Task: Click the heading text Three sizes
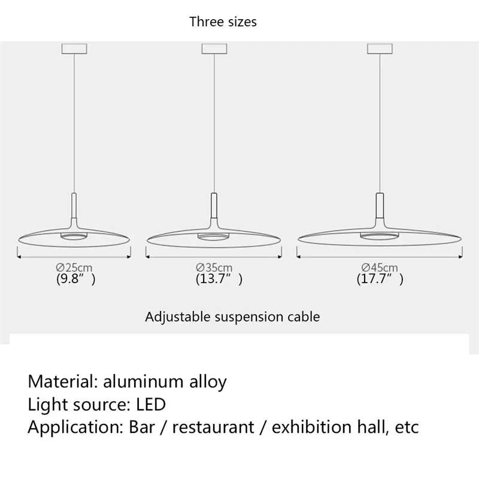click(223, 22)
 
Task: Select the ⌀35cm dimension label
click(214, 268)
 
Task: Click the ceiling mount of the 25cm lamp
click(74, 48)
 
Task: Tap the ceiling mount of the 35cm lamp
click(213, 48)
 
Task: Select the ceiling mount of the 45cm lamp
click(380, 48)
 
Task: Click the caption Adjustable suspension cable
click(232, 317)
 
